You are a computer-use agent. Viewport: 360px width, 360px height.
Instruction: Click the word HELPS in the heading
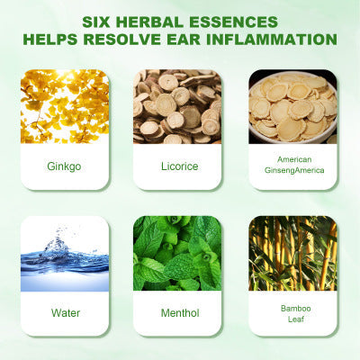point(50,40)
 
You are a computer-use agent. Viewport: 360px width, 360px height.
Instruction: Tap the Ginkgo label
point(64,166)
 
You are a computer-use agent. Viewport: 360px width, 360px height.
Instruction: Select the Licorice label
point(180,166)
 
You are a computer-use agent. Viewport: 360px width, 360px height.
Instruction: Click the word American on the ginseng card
point(294,159)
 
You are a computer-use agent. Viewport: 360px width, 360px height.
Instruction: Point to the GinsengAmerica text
point(294,170)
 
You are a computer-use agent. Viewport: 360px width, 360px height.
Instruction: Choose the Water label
point(66,313)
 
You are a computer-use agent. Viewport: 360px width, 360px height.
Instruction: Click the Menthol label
point(180,313)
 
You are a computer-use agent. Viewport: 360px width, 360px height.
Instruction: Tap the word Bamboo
point(296,309)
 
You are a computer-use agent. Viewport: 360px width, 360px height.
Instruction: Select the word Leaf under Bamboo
point(296,319)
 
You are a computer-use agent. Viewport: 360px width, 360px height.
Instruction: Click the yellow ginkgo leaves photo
point(65,106)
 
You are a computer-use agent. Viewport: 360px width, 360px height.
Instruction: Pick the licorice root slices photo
point(177,106)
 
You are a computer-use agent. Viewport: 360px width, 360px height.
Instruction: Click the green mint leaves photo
point(177,254)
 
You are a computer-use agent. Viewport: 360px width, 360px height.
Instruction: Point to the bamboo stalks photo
point(292,254)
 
